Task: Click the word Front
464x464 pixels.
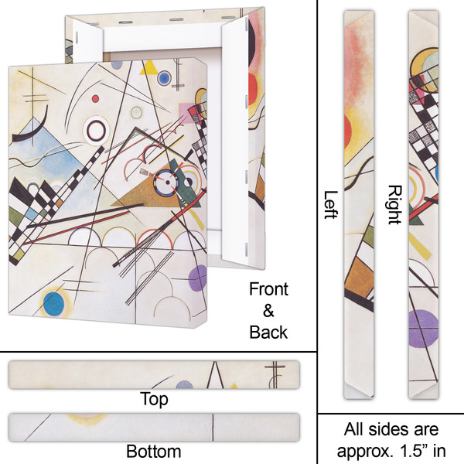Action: [x=268, y=289]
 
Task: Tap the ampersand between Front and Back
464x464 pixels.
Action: [x=268, y=311]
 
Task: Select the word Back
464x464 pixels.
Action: [x=268, y=333]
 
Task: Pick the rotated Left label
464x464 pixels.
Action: [x=331, y=205]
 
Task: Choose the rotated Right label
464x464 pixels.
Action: [x=394, y=205]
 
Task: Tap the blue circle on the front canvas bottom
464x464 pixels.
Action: [x=53, y=302]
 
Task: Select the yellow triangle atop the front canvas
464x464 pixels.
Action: [x=148, y=70]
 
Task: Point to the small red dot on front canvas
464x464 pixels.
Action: [x=96, y=98]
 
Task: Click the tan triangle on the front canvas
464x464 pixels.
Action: [x=143, y=193]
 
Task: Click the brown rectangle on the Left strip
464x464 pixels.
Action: [x=357, y=278]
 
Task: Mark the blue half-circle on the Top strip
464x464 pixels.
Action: [x=183, y=384]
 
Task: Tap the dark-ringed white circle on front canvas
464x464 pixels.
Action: [x=99, y=129]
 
